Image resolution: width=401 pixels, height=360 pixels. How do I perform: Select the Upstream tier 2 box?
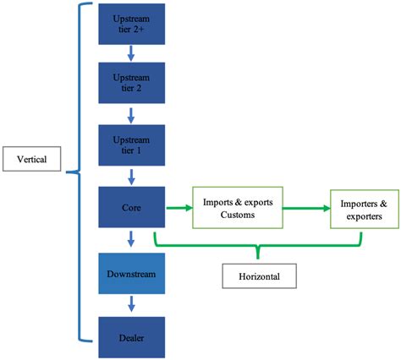(x=132, y=82)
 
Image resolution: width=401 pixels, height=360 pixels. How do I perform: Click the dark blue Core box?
(x=132, y=205)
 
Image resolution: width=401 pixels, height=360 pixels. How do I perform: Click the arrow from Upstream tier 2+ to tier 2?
(x=132, y=52)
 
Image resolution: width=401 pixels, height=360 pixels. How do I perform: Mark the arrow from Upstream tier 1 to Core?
(x=132, y=176)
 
